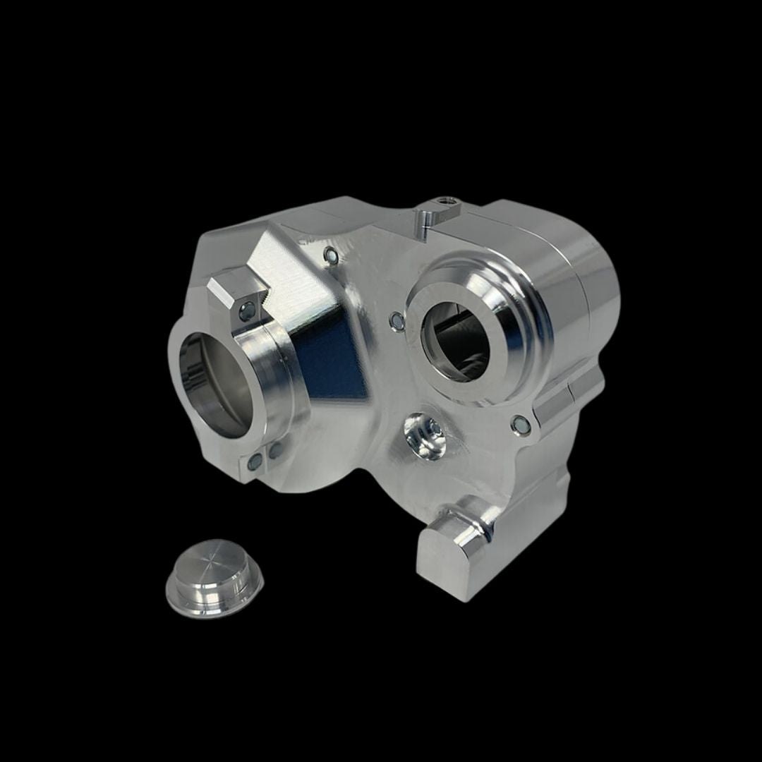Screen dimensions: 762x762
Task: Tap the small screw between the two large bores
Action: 397,321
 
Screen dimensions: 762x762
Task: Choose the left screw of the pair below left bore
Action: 255,462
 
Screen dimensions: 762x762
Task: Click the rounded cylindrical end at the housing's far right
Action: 586,282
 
